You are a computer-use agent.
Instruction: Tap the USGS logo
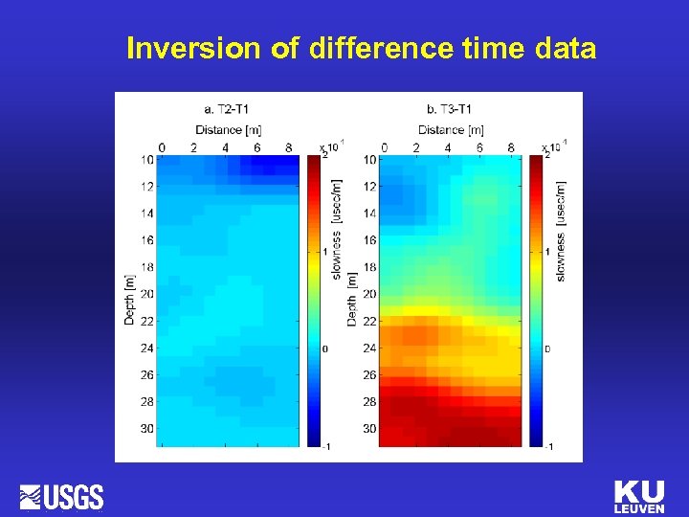coord(62,497)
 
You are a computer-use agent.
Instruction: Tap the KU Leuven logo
coord(638,496)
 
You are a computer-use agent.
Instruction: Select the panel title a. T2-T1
coord(228,108)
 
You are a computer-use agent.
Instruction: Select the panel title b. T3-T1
coord(451,108)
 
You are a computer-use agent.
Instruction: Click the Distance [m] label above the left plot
coord(228,129)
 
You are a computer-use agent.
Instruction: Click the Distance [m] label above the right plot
coord(451,129)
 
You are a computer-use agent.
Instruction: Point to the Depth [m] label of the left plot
coord(129,299)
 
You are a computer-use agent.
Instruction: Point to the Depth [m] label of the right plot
coord(352,299)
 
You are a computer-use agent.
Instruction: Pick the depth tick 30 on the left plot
coord(146,429)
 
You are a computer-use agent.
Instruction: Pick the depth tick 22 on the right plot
coord(369,321)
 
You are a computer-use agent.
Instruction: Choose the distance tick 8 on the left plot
coord(289,147)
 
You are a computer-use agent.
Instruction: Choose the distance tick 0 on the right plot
coord(385,147)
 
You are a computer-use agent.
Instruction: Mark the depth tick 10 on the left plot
coord(146,159)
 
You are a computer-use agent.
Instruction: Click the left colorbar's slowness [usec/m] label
coord(337,230)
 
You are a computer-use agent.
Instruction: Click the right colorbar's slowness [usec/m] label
coord(561,230)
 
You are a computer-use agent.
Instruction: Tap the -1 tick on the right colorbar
coord(547,447)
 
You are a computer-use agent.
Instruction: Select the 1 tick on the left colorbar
coord(325,251)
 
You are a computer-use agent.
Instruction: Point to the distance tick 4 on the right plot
coord(448,147)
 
